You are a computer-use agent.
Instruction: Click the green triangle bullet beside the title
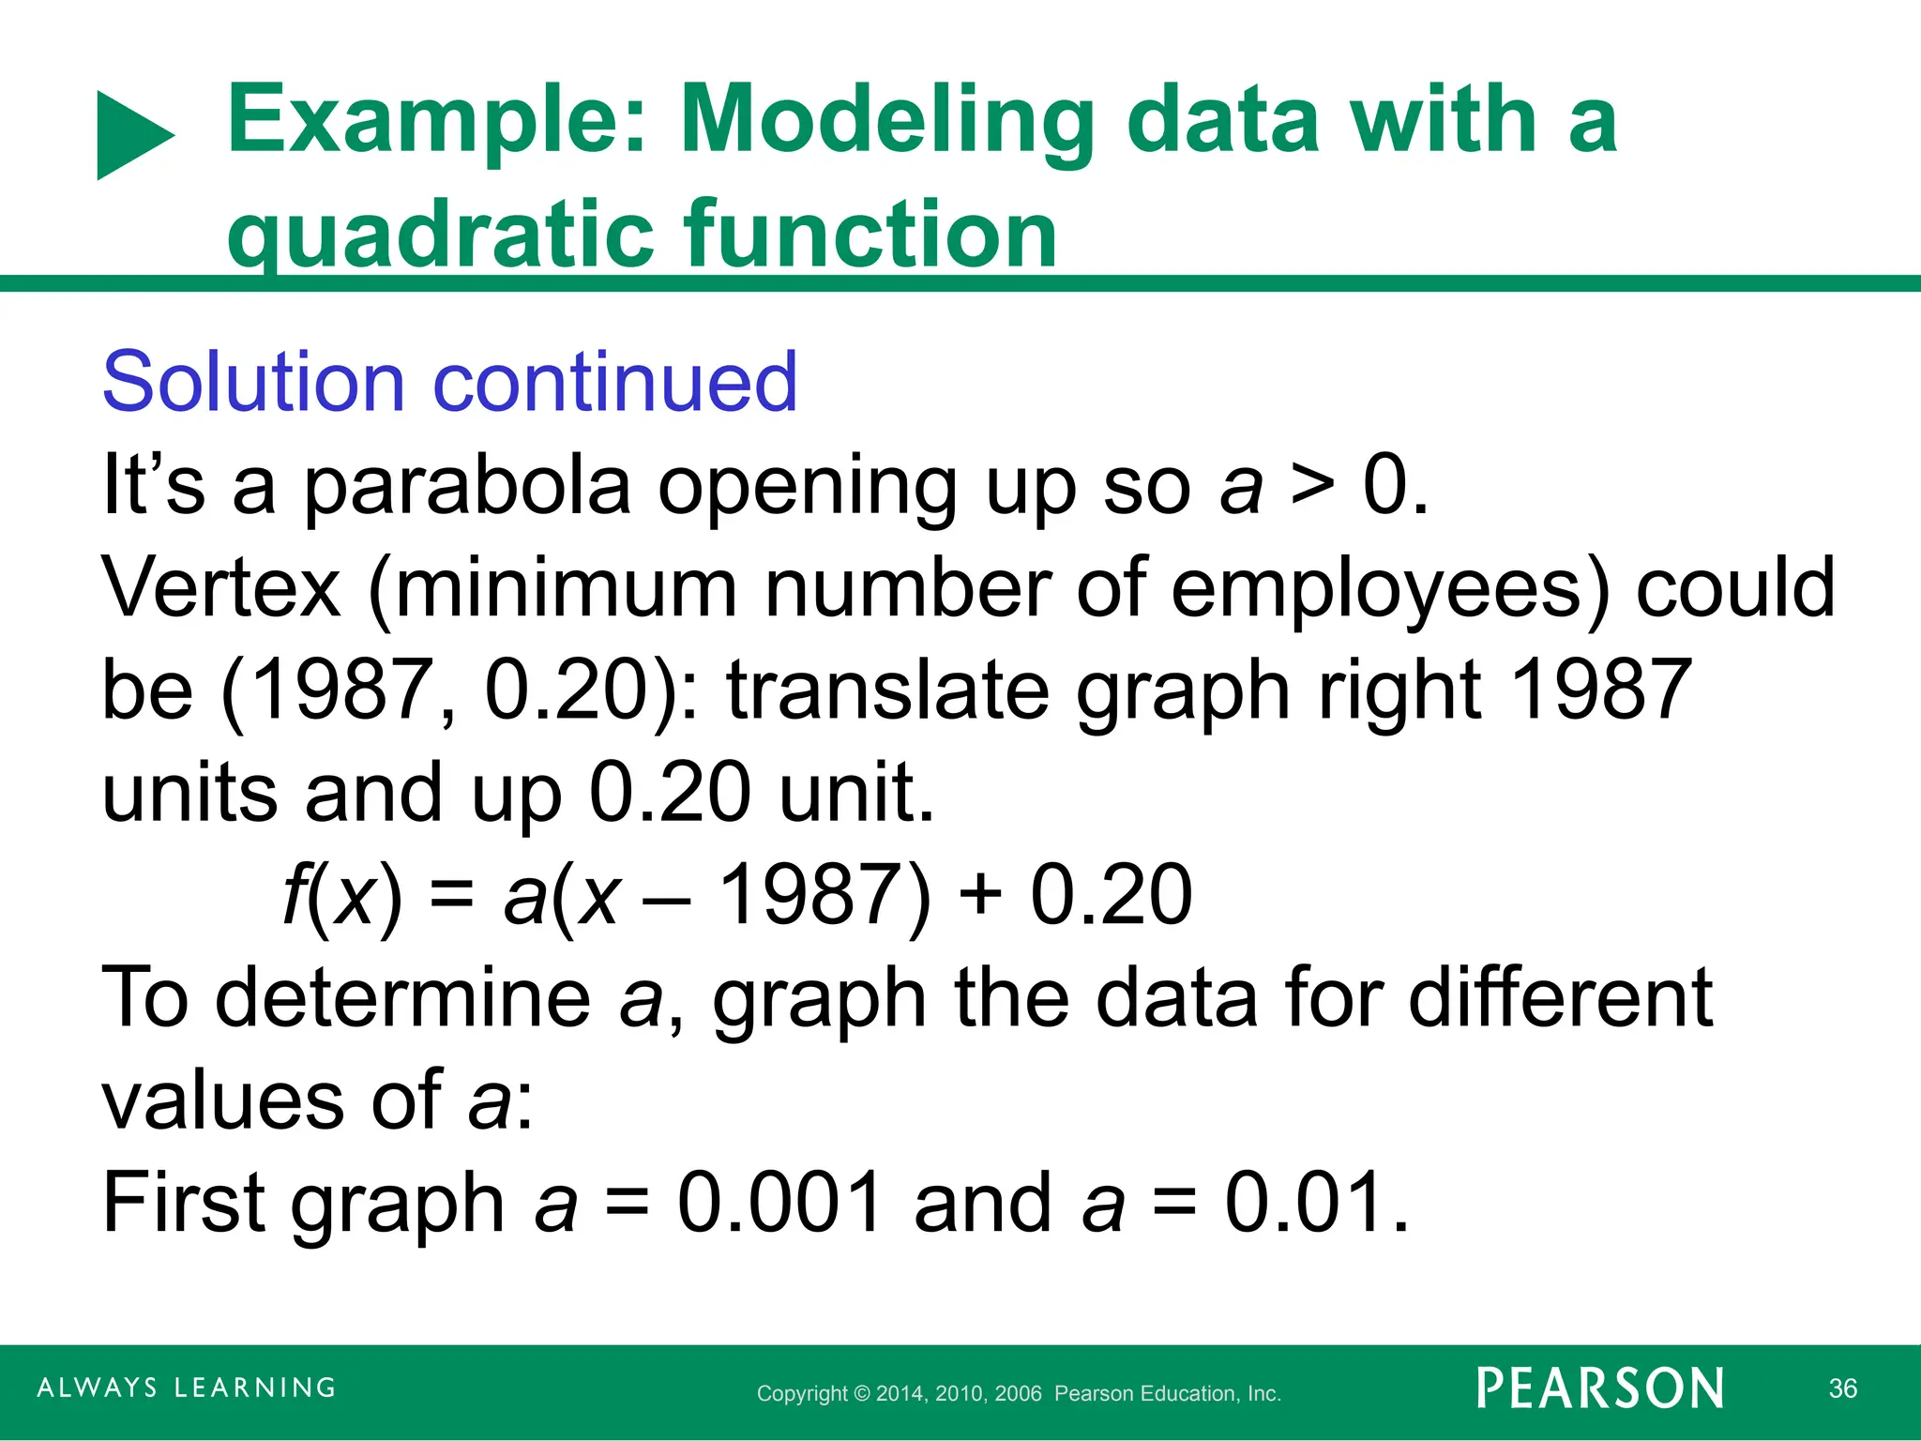[x=131, y=136]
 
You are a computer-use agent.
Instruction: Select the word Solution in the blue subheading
[x=253, y=383]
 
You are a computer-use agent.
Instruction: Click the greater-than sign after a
[x=1311, y=488]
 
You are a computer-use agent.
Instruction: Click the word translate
[x=887, y=691]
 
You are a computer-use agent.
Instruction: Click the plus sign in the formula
[x=981, y=896]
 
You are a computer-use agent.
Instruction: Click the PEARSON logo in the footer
[x=1600, y=1388]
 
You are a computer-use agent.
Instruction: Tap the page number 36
[x=1843, y=1388]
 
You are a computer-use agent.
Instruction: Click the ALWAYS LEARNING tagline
[x=187, y=1388]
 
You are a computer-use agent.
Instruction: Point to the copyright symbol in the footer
[x=861, y=1394]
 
